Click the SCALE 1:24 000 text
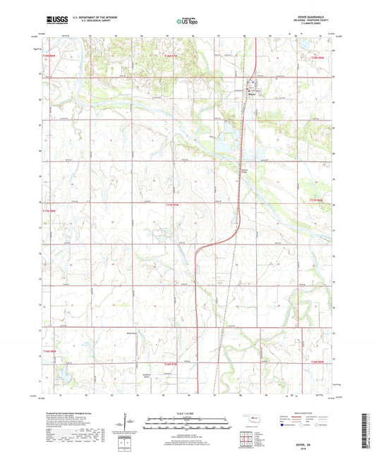188,412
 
